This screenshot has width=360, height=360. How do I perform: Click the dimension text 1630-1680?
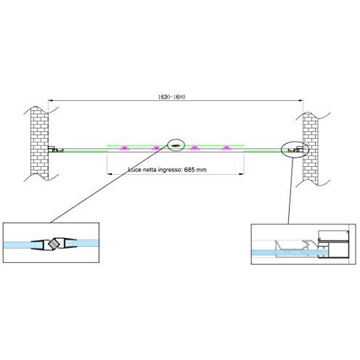tap(172, 97)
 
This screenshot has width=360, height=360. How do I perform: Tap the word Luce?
tap(135, 170)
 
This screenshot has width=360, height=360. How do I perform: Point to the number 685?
tap(189, 170)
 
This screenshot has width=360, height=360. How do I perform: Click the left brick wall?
tap(39, 144)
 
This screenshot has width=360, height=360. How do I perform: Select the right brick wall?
tap(311, 147)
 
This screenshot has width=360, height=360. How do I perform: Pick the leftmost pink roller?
tap(125, 148)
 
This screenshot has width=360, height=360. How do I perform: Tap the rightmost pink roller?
tap(226, 148)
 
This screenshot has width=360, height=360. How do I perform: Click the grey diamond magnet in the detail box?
tap(54, 244)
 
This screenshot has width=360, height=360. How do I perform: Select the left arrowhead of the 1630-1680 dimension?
tap(51, 100)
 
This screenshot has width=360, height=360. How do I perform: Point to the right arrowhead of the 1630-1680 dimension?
tap(300, 100)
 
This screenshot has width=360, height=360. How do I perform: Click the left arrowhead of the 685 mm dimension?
tap(110, 173)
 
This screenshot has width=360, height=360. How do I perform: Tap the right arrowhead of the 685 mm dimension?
tap(242, 173)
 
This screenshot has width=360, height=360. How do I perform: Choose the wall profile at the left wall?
tap(56, 150)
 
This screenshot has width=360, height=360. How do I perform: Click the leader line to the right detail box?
tap(290, 191)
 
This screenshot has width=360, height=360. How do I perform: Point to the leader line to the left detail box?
tap(109, 184)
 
